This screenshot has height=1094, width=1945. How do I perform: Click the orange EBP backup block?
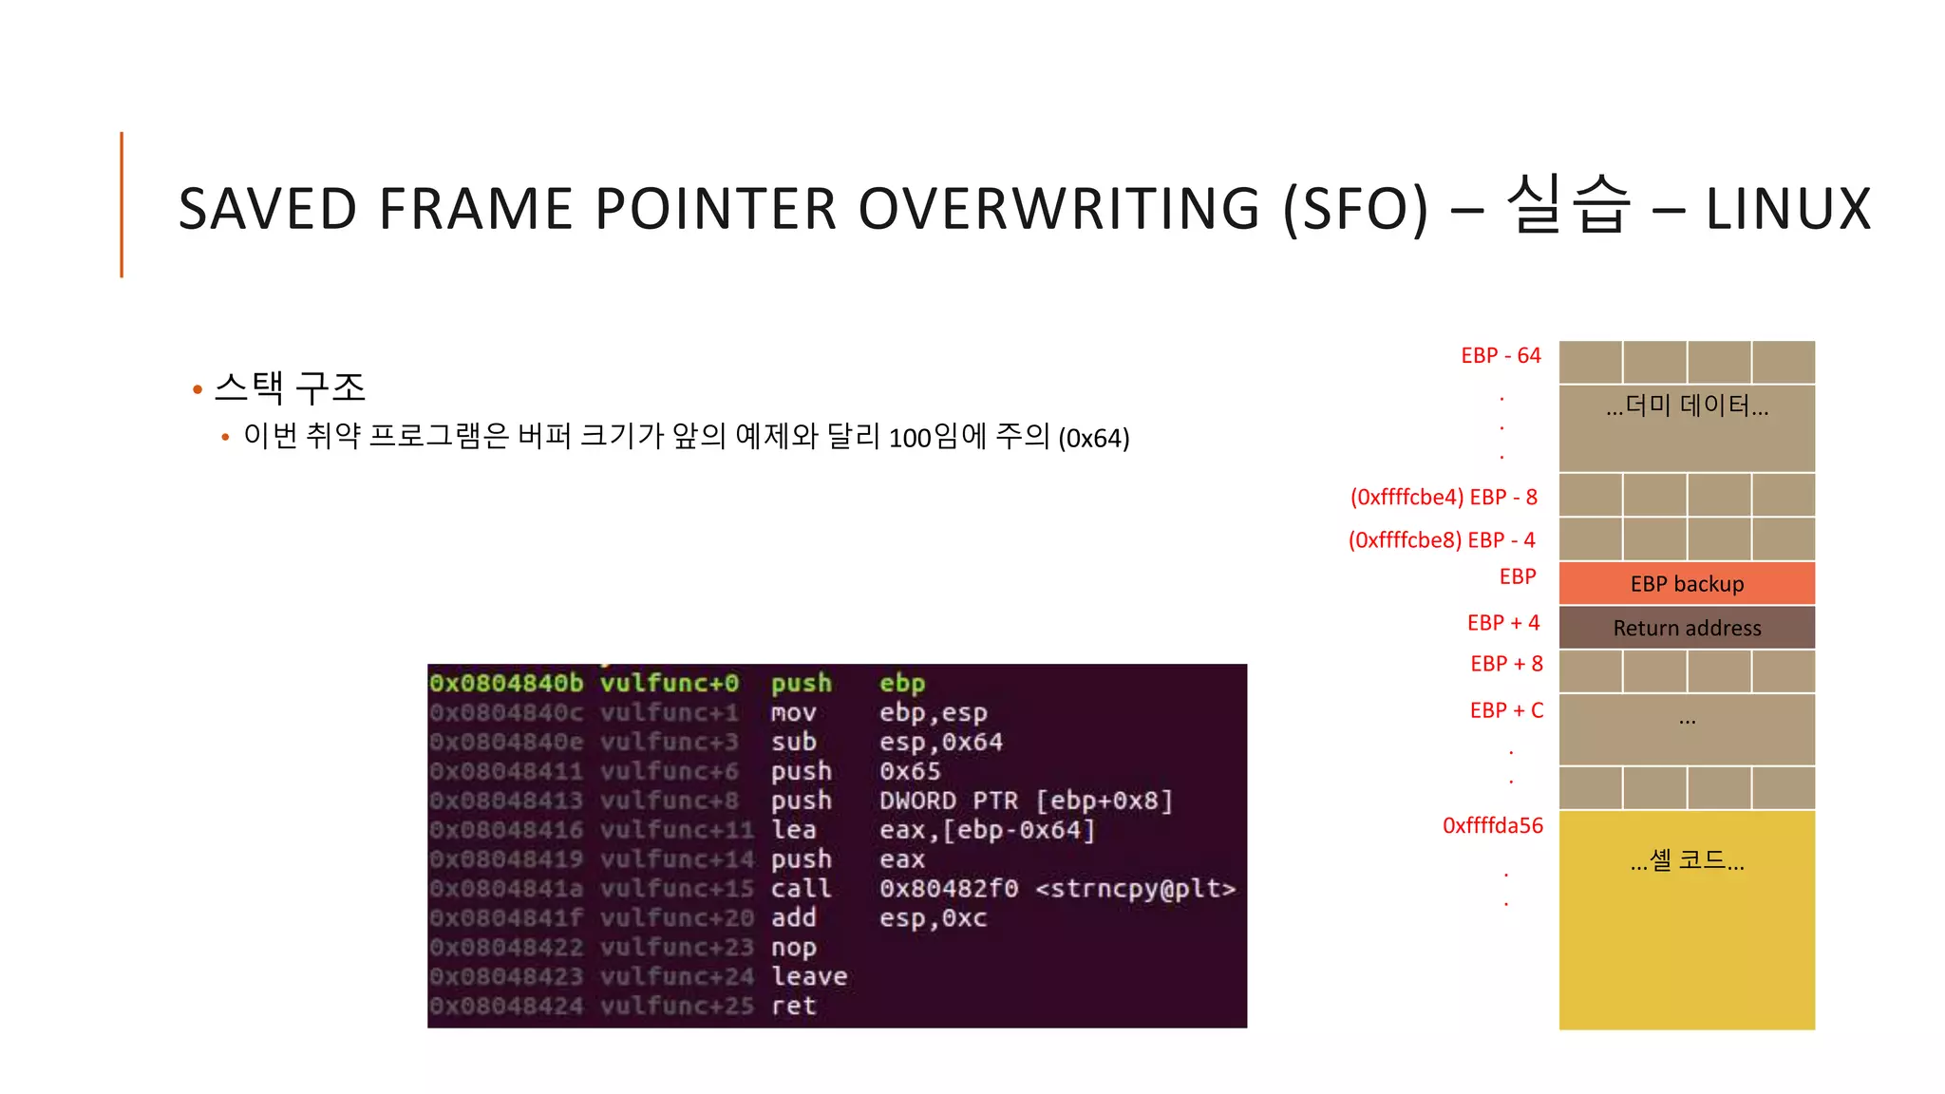(1687, 583)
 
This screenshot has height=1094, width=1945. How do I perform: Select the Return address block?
(1687, 628)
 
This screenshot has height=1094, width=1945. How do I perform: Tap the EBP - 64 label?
(1501, 355)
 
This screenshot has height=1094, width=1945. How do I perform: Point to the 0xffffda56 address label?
(1492, 825)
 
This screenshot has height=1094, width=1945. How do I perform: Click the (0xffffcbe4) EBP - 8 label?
(1443, 497)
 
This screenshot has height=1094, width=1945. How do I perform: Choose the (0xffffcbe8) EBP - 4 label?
(1441, 539)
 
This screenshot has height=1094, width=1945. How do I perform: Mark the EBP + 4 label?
(1502, 623)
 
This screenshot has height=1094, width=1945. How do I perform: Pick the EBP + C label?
(1506, 710)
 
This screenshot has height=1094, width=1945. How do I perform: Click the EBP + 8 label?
(1506, 664)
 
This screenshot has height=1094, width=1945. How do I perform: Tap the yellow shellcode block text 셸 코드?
(1687, 860)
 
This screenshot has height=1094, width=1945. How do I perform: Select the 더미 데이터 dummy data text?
(1687, 406)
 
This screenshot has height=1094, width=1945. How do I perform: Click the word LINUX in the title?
(1787, 209)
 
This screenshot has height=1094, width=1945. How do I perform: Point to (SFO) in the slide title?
(1355, 209)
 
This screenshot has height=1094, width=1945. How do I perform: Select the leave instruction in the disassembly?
(809, 976)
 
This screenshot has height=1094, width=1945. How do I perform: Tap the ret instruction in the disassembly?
(793, 1006)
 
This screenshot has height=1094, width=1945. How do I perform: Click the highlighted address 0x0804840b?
(506, 683)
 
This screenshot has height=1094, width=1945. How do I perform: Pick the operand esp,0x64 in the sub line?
(940, 742)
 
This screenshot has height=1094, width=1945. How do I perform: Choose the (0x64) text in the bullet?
(1094, 438)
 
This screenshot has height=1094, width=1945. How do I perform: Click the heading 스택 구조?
(290, 387)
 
